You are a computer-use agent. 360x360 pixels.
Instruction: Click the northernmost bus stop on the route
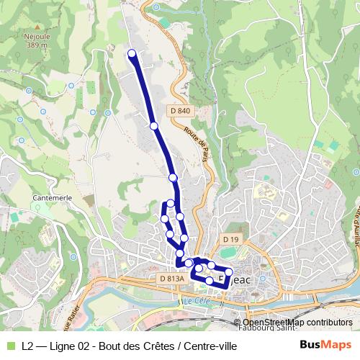click(132, 53)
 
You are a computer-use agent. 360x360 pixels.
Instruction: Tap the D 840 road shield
click(183, 110)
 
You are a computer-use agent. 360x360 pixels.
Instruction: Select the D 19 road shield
click(230, 239)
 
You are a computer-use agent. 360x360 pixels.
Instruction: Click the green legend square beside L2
click(10, 346)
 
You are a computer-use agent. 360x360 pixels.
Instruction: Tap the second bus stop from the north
click(153, 126)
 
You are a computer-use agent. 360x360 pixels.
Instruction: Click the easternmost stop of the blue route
click(229, 272)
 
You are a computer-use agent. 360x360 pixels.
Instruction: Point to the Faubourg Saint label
click(274, 331)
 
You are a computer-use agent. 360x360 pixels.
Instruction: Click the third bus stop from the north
click(173, 177)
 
